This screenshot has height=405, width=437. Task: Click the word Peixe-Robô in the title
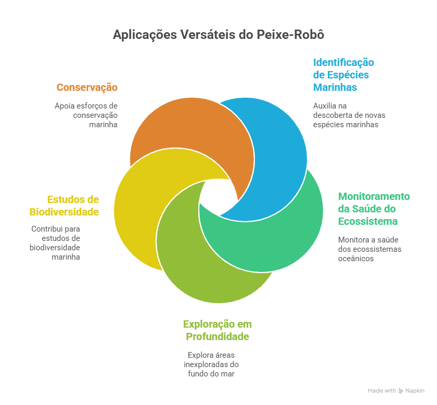point(290,35)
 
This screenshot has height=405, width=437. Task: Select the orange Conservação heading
point(87,87)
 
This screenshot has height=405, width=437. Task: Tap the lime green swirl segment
point(195,273)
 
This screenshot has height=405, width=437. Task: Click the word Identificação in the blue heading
point(343,63)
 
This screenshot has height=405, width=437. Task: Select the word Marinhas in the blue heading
point(335,87)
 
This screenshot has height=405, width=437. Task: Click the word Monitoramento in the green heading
point(374,196)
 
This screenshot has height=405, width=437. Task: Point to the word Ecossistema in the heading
point(368,221)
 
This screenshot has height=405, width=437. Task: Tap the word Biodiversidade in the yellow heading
point(64,212)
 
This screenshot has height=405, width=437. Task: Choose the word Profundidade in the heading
point(217,336)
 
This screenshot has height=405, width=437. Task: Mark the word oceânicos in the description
point(356,259)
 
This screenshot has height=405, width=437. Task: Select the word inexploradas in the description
point(202,365)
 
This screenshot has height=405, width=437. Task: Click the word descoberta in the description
point(330,115)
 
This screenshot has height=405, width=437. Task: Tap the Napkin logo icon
point(401,391)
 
